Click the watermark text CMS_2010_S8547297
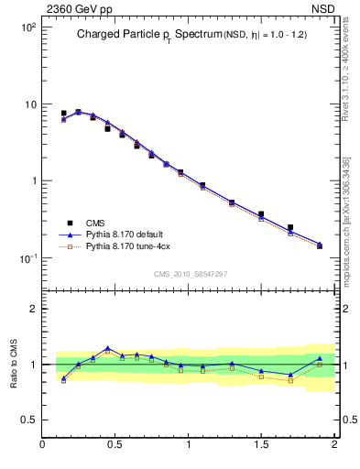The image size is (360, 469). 191,274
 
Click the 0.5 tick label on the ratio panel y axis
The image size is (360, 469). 29,420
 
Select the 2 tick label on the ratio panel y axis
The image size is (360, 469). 33,309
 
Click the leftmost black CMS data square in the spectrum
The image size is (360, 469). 63,114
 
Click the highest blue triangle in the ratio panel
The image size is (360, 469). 108,348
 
